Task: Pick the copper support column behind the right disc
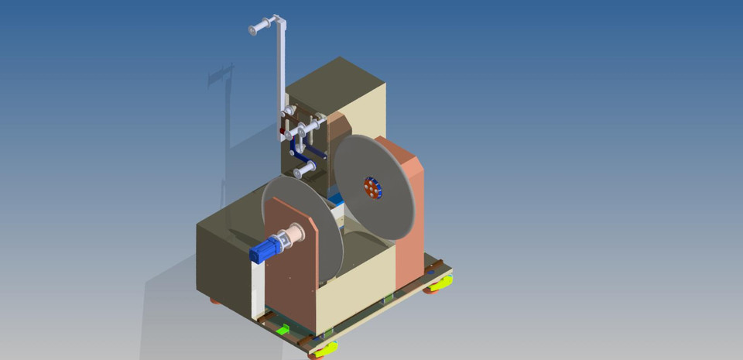tap(409, 232)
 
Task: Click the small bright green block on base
tap(283, 329)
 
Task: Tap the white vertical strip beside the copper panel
tap(257, 286)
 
